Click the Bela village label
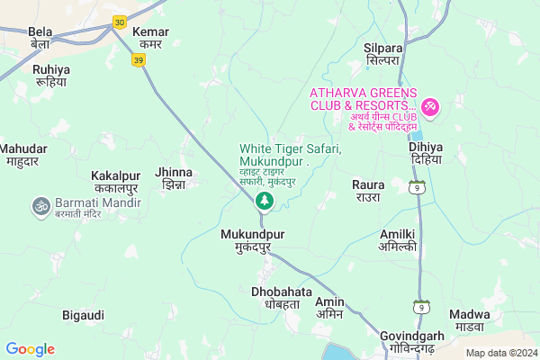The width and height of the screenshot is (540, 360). coord(40,37)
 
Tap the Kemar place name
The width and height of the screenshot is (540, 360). coord(150,37)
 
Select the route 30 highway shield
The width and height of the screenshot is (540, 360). coord(119,22)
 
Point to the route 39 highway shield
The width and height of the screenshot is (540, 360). coord(138,58)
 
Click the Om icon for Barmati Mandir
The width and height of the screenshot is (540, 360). coord(40,207)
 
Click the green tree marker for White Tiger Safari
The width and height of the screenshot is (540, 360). coord(265,200)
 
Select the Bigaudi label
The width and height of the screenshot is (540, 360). coord(84,315)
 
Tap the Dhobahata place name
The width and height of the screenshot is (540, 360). coord(281,298)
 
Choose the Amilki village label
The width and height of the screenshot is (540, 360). coord(397,238)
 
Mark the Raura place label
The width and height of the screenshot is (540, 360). coord(368,190)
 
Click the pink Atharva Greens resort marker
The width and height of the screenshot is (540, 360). coord(430,108)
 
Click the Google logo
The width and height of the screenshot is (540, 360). coord(30,349)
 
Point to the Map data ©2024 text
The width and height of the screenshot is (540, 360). coord(499,353)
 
